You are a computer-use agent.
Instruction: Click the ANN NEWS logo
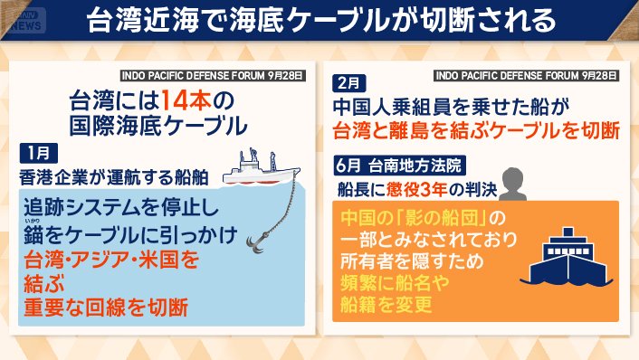[26, 19]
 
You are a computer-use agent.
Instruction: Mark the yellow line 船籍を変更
[380, 304]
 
